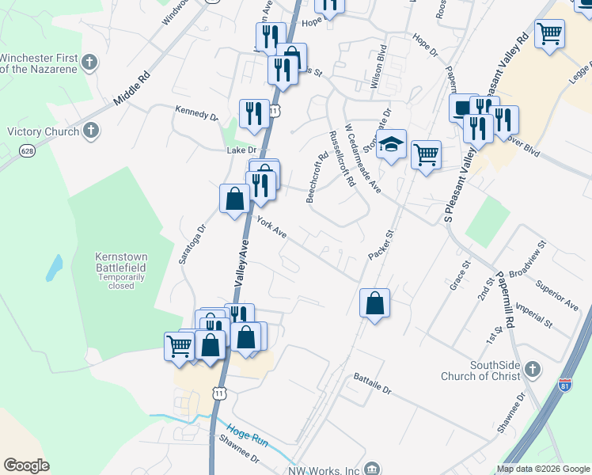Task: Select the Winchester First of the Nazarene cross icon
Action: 90,61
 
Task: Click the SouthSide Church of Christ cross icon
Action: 533,369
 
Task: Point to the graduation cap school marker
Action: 390,145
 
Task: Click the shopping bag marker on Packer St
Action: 374,303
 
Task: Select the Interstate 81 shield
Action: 565,385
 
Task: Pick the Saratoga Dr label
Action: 192,242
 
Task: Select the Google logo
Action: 26,465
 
